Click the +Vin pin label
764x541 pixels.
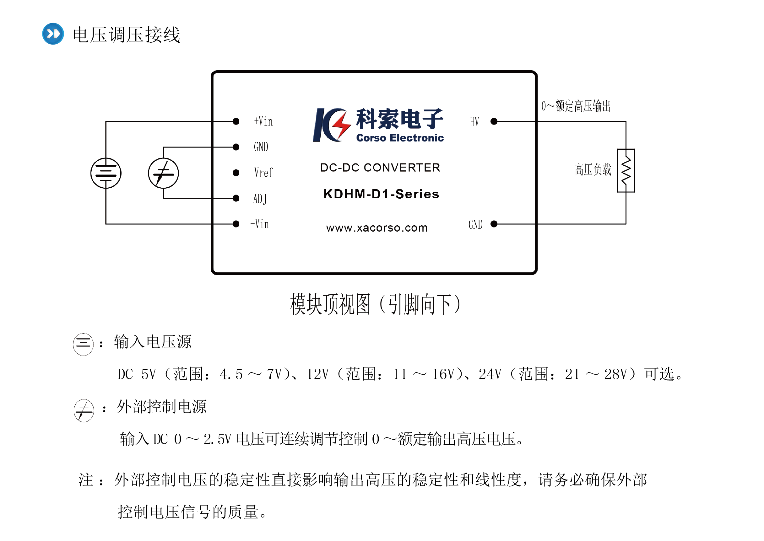263,121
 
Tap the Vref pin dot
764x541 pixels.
236,173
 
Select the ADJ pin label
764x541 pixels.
260,199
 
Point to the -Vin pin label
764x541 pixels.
260,224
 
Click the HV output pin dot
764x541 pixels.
494,121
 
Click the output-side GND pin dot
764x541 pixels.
494,224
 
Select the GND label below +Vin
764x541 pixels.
261,147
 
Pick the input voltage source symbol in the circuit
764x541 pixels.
106,173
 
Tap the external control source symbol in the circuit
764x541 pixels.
163,173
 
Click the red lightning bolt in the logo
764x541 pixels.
341,126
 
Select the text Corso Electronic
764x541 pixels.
400,138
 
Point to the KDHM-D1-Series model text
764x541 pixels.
381,194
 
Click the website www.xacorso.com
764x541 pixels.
377,228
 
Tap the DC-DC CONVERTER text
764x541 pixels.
380,168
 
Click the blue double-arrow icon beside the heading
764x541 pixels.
53,34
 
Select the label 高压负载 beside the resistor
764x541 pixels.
593,170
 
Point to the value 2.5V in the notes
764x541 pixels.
217,439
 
